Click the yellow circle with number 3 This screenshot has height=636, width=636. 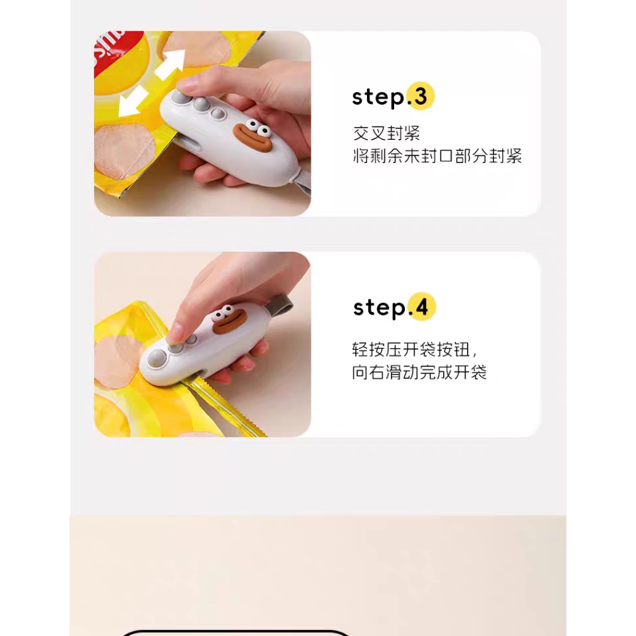[x=421, y=97]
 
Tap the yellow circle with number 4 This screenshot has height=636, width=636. [x=422, y=307]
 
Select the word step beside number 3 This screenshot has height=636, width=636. [x=378, y=97]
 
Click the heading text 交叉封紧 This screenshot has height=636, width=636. [x=386, y=133]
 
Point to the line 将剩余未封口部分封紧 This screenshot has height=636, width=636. [x=437, y=156]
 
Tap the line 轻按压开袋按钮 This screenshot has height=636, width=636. [x=413, y=349]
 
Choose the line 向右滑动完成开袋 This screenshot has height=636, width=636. [x=419, y=372]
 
